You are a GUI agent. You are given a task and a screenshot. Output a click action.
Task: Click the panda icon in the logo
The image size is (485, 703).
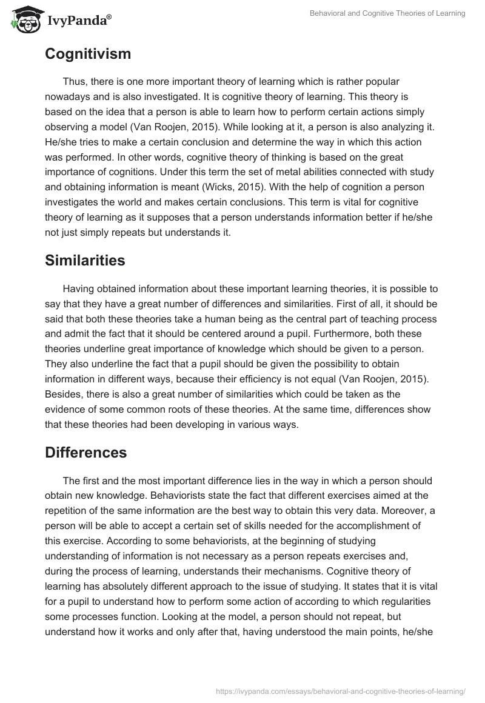point(22,20)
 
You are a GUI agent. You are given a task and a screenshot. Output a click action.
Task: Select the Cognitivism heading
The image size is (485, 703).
point(88,54)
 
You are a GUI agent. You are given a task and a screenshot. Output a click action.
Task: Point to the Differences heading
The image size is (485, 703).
point(86,452)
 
